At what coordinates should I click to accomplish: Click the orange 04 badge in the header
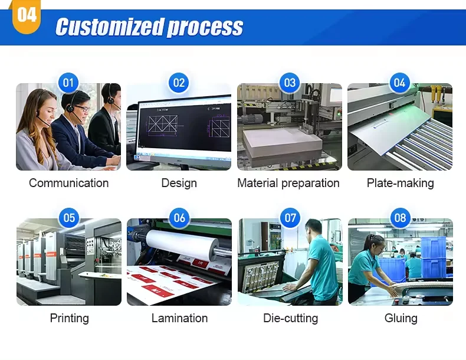pos(27,17)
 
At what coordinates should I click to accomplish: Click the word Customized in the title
pos(110,27)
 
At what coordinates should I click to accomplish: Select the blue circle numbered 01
pos(68,83)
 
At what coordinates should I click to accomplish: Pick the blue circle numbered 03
pos(290,83)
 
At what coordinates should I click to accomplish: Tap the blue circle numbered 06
pos(179,218)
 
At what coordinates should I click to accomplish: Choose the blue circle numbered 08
pos(400,218)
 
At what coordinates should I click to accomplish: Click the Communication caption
pos(68,183)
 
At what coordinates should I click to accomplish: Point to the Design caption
pos(179,183)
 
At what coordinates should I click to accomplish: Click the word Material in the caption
pos(258,183)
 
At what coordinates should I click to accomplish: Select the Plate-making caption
pos(401,183)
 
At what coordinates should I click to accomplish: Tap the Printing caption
pos(69,318)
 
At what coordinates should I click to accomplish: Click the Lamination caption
pos(179,318)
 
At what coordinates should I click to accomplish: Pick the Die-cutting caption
pos(290,318)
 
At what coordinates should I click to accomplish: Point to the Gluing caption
pos(401,318)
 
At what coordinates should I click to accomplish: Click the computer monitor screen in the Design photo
pos(185,127)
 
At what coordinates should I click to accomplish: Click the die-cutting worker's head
pos(313,228)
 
